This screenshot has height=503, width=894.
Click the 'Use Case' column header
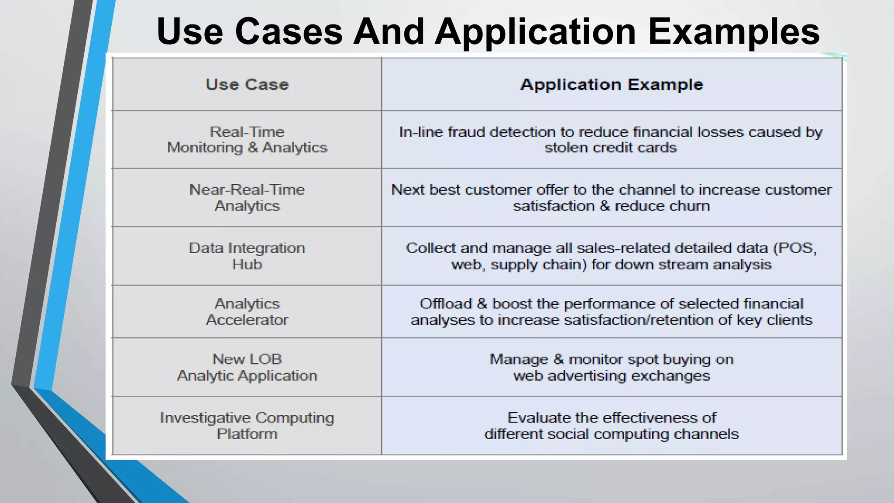pyautogui.click(x=247, y=85)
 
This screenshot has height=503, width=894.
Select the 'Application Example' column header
pyautogui.click(x=612, y=85)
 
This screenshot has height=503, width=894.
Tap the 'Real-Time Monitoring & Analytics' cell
pyautogui.click(x=247, y=140)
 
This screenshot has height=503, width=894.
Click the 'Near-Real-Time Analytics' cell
pyautogui.click(x=247, y=197)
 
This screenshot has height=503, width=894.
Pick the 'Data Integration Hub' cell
pyautogui.click(x=247, y=256)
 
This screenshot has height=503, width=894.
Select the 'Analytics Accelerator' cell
pyautogui.click(x=247, y=312)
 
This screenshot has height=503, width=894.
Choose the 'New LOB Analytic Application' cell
pyautogui.click(x=247, y=367)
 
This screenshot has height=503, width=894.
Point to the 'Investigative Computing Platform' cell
pyautogui.click(x=247, y=426)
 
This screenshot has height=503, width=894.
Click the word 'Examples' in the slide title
pyautogui.click(x=733, y=31)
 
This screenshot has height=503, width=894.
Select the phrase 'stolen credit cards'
pyautogui.click(x=610, y=148)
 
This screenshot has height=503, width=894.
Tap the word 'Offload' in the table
pyautogui.click(x=446, y=303)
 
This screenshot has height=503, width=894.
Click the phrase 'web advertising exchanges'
pyautogui.click(x=612, y=376)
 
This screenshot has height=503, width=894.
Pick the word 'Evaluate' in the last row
pyautogui.click(x=540, y=418)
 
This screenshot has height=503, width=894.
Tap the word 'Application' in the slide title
pyautogui.click(x=535, y=31)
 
